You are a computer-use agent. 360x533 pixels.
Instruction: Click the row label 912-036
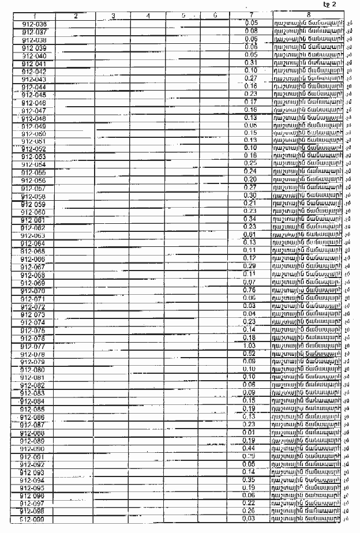(x=35, y=24)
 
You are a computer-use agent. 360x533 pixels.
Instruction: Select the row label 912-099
(x=35, y=520)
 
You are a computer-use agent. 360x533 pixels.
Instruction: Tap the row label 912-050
(x=34, y=134)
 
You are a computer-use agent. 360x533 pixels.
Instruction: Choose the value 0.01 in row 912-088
(x=249, y=433)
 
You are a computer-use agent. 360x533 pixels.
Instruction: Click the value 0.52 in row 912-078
(x=249, y=353)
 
